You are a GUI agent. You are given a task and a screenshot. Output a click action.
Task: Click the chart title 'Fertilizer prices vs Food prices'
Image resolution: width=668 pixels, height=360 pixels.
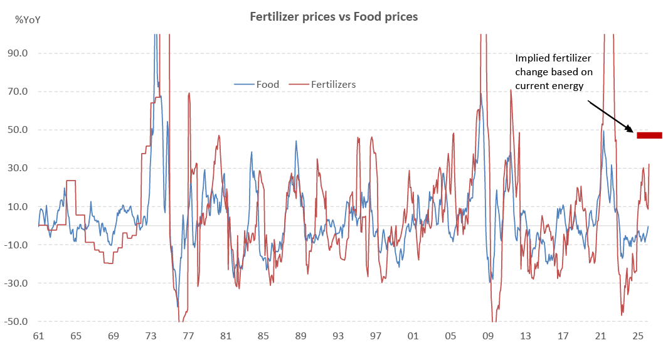[334, 17]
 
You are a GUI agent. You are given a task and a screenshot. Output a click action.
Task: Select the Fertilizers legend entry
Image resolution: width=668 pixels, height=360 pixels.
[333, 84]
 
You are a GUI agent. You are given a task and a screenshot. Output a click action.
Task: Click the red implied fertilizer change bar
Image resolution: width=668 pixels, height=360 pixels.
[649, 135]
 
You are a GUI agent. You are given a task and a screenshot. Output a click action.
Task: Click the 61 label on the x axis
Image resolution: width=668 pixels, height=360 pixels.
[38, 337]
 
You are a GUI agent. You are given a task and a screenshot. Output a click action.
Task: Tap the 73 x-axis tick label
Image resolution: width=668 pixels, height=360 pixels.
[151, 337]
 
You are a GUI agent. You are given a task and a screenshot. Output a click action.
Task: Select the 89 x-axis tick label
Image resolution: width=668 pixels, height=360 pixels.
[300, 337]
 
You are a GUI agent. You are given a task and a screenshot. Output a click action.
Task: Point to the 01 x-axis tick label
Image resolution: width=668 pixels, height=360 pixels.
[413, 337]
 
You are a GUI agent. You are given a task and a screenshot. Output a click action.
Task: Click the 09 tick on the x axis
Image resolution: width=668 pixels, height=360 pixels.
[488, 337]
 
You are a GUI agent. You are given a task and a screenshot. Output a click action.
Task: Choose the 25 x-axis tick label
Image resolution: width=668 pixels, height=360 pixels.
[638, 337]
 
